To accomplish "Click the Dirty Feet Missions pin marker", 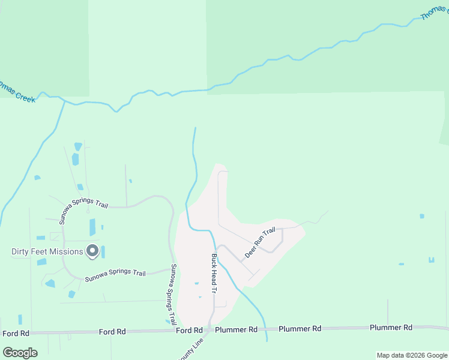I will tap(92, 251).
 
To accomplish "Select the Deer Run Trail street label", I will tap(260, 243).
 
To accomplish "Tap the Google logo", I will tap(20, 352).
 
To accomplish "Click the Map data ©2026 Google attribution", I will tap(411, 355).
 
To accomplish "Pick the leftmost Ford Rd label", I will tap(16, 333).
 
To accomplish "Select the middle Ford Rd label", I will tap(112, 331).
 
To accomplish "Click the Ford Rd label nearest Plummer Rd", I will tap(189, 331).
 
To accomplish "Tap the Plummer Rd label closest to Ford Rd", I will tap(236, 330).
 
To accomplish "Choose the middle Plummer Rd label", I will tap(301, 329).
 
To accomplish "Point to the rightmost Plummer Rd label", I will tap(391, 328).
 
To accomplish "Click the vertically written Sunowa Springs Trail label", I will tap(173, 294).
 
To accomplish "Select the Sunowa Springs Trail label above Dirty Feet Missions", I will tap(83, 203).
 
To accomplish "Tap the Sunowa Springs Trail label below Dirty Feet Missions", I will tap(115, 276).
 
